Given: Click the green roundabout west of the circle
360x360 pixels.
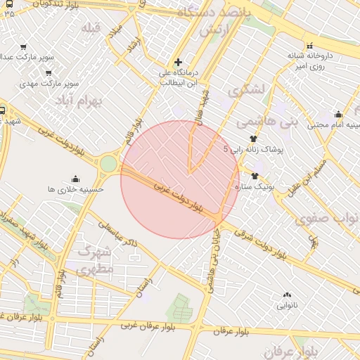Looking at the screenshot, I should [x=108, y=164].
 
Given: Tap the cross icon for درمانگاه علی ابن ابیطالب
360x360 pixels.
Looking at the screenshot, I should [x=178, y=63].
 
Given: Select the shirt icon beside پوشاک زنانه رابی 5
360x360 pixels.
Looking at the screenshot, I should [x=253, y=139].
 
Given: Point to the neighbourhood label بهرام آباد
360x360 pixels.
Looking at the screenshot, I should [x=96, y=102].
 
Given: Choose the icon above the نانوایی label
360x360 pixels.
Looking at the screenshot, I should [x=286, y=295].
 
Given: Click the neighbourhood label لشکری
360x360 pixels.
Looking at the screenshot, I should [x=246, y=90].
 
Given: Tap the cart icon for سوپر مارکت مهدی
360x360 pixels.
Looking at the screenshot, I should [x=49, y=73].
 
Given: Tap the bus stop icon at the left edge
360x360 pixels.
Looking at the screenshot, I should [x=4, y=110].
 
